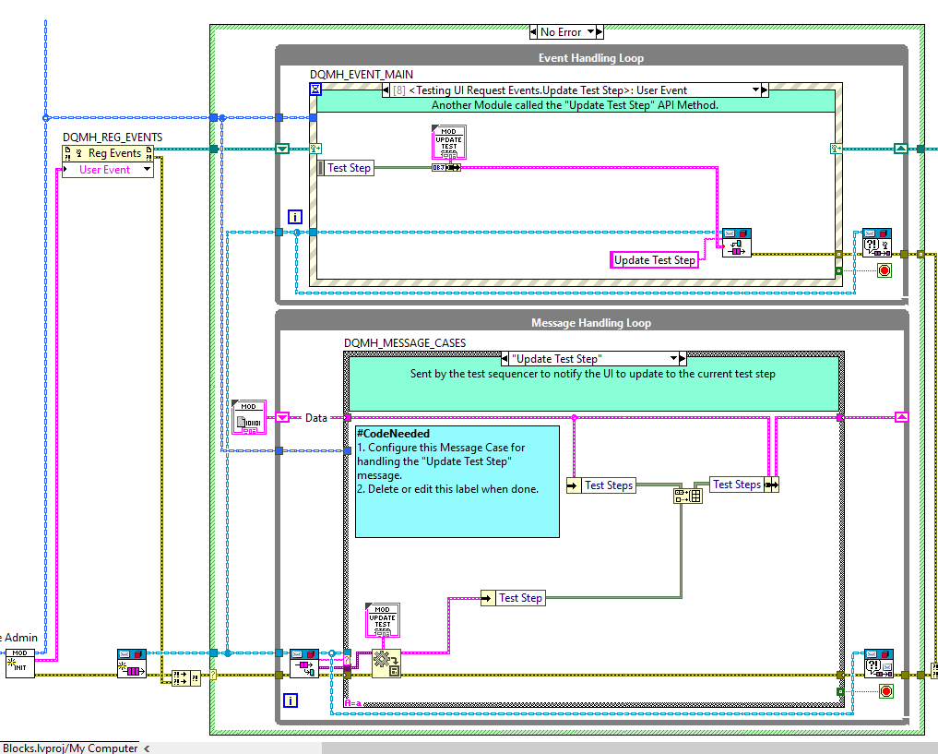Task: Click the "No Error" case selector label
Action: pos(561,31)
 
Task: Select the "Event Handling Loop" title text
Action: pos(590,58)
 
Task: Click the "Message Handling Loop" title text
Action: pos(590,323)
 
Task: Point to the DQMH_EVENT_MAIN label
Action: pos(361,75)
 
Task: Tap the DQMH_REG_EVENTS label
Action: pos(113,138)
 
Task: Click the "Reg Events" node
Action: pos(113,153)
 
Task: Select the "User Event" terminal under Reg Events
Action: pos(104,170)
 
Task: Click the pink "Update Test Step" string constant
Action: pos(655,260)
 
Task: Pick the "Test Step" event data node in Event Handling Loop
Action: pos(349,168)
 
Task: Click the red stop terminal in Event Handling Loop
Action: pos(885,270)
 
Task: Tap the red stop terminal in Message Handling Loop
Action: pos(885,691)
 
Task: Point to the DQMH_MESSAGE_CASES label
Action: pos(405,343)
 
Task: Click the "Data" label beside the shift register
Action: pos(316,418)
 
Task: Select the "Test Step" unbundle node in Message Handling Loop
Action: pos(520,598)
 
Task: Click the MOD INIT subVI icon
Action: pos(19,663)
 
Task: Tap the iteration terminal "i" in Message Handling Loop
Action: pos(291,700)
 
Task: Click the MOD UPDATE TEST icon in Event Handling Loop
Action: pos(447,142)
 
